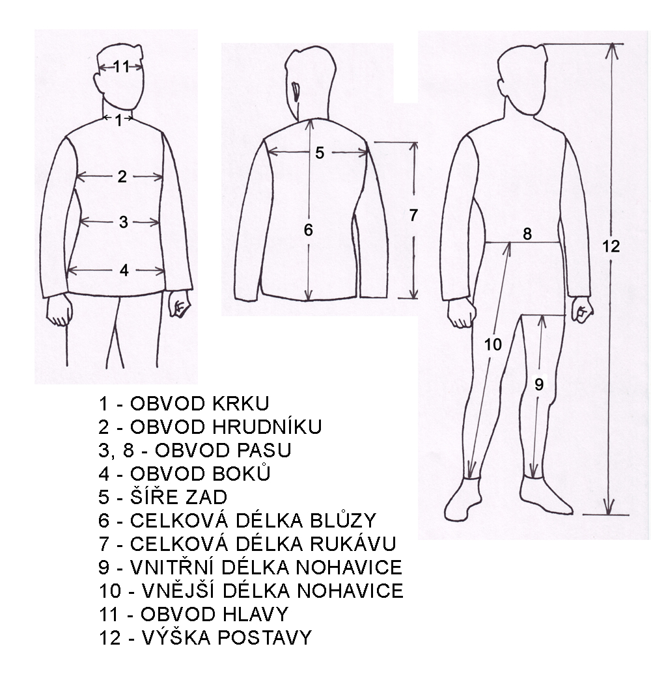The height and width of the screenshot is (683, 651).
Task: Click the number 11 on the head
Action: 121,66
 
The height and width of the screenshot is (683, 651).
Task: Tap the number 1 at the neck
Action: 118,120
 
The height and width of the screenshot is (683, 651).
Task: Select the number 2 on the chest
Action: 122,176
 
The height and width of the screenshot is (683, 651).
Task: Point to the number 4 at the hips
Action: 124,271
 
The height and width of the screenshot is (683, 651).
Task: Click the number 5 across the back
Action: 320,153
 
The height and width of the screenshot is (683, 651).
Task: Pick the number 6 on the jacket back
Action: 309,230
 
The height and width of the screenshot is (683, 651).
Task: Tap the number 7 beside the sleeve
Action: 413,215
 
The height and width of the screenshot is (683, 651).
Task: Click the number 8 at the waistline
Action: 527,234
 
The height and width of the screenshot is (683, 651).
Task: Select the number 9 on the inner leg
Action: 539,384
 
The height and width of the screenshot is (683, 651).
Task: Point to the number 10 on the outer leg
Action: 493,345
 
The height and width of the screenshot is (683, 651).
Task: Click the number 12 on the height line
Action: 611,247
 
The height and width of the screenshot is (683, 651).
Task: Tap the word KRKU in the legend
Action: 240,404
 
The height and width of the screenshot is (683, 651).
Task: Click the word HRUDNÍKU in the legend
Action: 267,427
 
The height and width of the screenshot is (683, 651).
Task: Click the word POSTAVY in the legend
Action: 265,637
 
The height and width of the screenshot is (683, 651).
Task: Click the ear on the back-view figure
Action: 297,92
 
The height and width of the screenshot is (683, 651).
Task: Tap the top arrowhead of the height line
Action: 612,51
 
